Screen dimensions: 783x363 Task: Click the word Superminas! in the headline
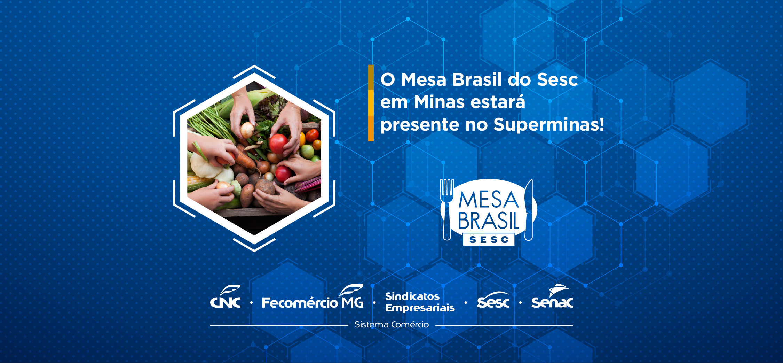549,125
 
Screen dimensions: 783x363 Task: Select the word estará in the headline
498,102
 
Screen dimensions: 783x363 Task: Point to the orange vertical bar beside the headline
371,103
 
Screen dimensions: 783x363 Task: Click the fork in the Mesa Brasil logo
447,209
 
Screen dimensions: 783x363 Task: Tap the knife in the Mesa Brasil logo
529,210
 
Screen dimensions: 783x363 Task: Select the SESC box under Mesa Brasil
489,240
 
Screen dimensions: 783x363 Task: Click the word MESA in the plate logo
489,200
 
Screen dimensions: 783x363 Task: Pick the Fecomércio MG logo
313,297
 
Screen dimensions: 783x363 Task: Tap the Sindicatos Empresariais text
420,302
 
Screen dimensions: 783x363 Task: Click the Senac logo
552,297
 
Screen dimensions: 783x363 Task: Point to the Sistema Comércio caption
391,325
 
